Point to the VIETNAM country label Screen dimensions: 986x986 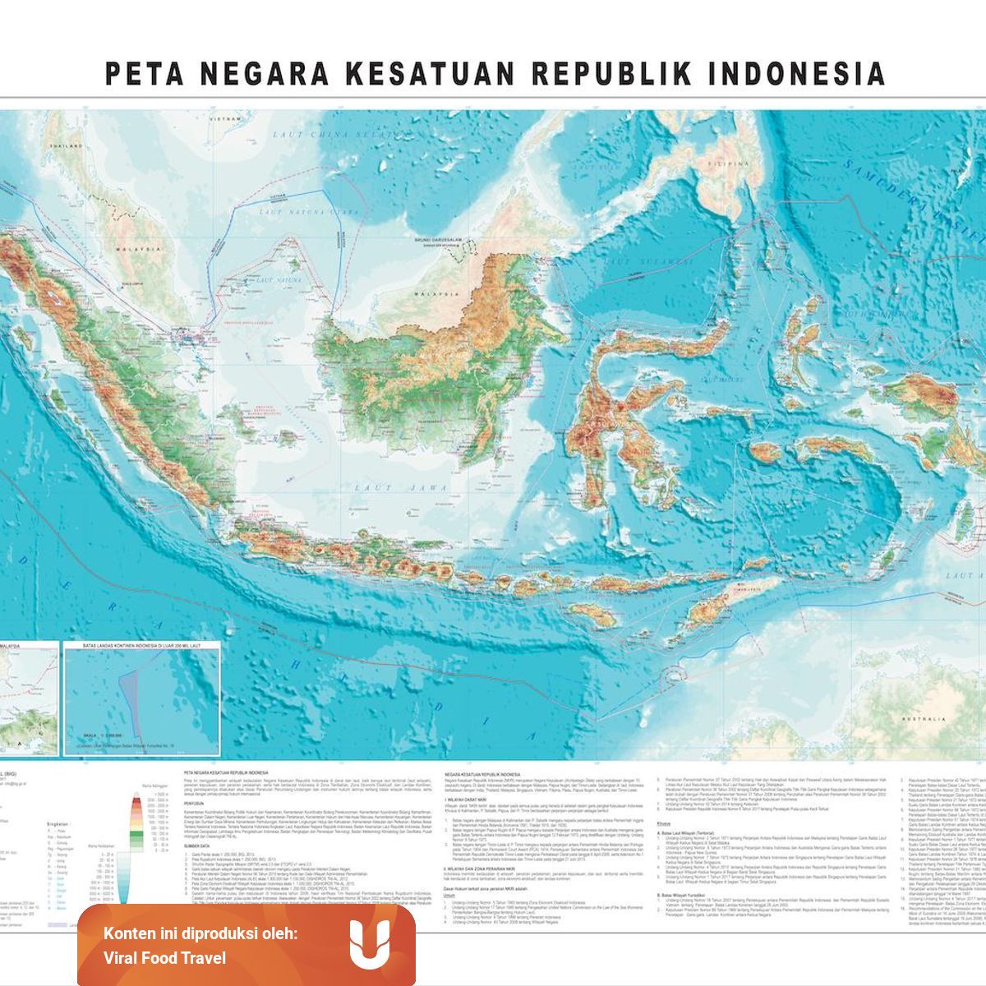point(223,119)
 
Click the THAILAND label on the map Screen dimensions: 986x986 point(67,145)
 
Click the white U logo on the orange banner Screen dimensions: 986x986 point(368,945)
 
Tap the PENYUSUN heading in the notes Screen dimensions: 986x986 point(196,804)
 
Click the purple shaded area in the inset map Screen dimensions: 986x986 point(127,698)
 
